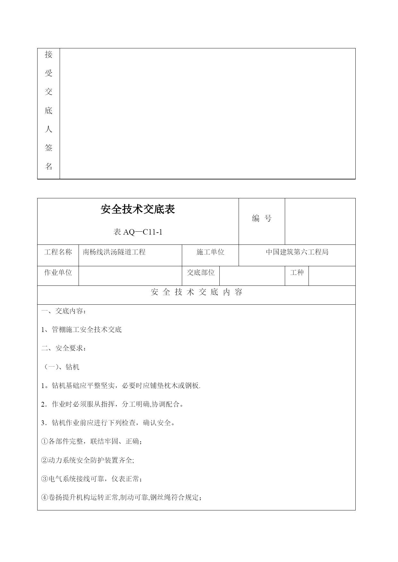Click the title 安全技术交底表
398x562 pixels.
click(138, 210)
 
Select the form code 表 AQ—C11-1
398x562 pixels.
click(138, 232)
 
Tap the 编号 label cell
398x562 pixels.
click(262, 219)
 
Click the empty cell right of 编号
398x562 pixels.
click(320, 221)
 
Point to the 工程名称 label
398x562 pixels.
click(58, 252)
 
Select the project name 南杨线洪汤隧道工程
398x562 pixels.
click(114, 252)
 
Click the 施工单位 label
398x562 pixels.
click(210, 252)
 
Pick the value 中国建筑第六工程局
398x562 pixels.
click(297, 252)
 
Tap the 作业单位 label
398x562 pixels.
click(58, 273)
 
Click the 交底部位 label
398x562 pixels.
click(201, 273)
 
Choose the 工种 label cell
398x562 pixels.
click(297, 273)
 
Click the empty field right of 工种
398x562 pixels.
click(332, 276)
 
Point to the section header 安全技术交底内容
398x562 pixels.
click(196, 292)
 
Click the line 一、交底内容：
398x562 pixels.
click(64, 311)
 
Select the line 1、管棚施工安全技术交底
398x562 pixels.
click(81, 330)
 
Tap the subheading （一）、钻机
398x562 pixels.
click(60, 367)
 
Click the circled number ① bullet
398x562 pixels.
click(44, 442)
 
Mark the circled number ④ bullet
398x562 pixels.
click(44, 498)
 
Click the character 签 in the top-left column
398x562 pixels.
click(48, 148)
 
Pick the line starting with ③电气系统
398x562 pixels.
click(91, 479)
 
